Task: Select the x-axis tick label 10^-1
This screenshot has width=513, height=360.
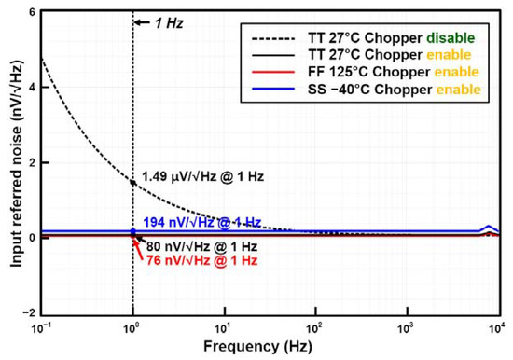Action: (41, 327)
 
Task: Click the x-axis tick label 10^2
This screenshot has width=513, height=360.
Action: (317, 327)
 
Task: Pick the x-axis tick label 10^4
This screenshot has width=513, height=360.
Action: (500, 327)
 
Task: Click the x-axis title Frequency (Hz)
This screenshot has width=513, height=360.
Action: (270, 347)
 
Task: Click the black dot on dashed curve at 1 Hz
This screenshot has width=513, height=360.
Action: (133, 182)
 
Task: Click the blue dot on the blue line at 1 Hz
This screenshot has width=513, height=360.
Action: (133, 230)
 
